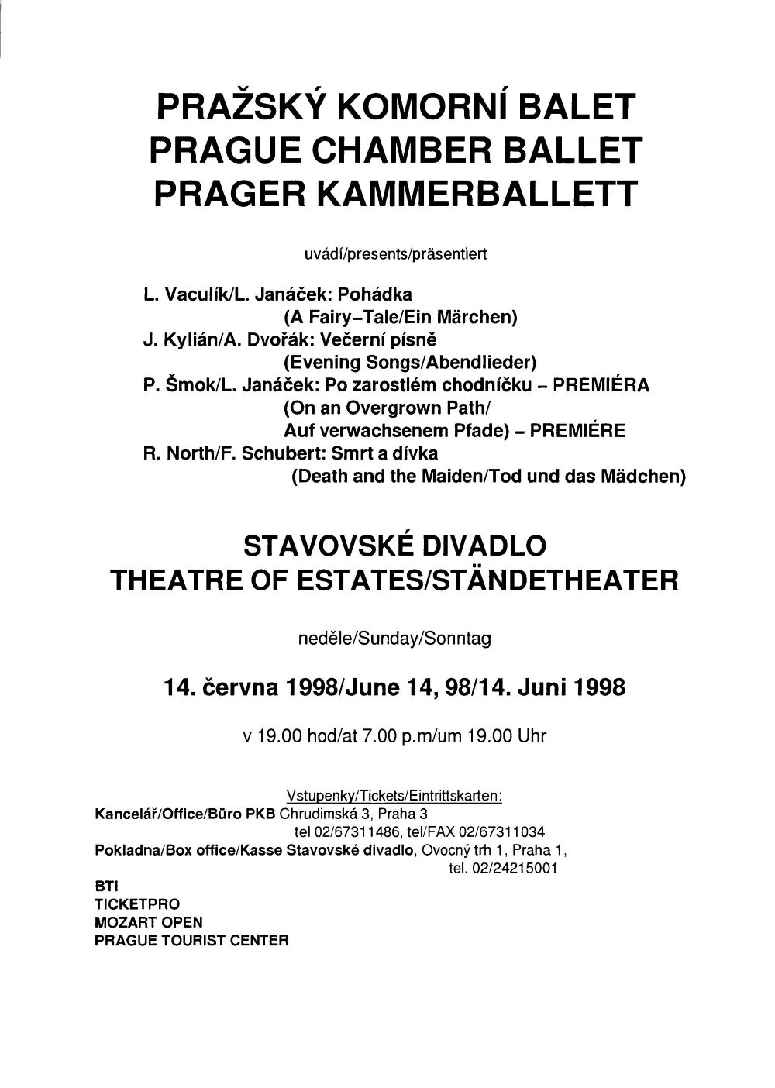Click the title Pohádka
(380, 294)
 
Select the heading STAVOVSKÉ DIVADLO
(395, 546)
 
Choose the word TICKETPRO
(137, 904)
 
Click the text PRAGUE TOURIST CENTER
(191, 942)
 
